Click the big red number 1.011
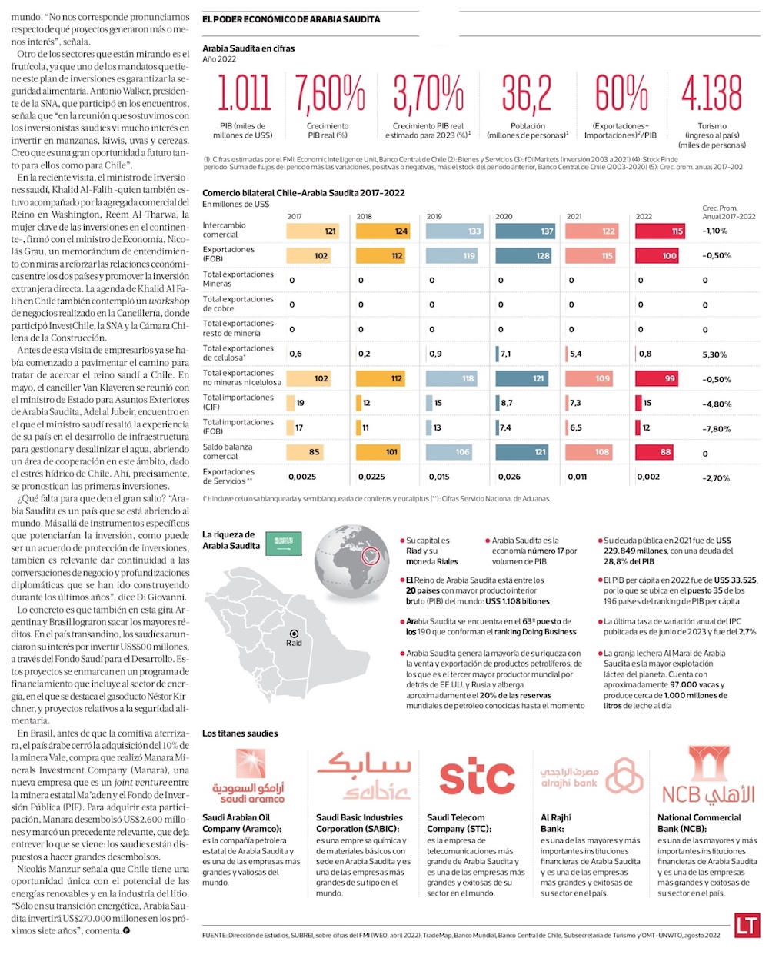(244, 94)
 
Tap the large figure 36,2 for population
(527, 94)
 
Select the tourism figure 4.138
(711, 94)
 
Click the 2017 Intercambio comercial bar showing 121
(313, 231)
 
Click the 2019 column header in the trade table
(434, 216)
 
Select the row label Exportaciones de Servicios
(228, 476)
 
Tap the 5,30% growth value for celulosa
(714, 354)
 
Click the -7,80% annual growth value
(716, 429)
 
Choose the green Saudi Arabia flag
(284, 544)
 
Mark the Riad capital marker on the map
(294, 635)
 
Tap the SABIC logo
(365, 776)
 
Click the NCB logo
(707, 777)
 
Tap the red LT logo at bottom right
(746, 925)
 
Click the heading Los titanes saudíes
(240, 733)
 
